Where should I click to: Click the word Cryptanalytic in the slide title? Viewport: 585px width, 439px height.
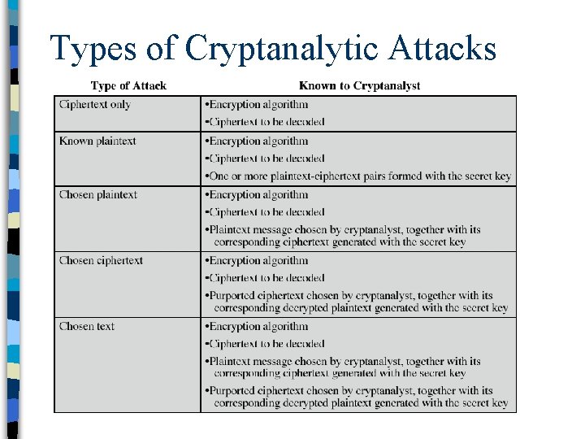280,49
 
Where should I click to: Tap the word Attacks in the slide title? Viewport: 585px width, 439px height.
442,49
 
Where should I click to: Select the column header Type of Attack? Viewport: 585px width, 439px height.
128,85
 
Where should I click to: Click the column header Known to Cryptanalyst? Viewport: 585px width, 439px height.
360,85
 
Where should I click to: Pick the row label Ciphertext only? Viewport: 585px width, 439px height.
95,105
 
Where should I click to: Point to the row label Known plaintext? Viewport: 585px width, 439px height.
97,141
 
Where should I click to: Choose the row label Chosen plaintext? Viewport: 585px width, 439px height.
98,195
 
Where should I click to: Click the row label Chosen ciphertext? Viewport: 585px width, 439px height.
101,261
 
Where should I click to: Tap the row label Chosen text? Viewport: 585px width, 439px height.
87,327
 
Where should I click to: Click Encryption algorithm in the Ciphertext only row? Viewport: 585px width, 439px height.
258,105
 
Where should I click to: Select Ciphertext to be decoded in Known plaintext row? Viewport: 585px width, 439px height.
266,159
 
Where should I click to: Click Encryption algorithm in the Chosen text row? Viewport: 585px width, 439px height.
258,327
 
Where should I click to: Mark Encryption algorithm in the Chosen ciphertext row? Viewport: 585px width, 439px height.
258,261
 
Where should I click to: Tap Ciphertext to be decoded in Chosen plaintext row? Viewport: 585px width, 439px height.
266,212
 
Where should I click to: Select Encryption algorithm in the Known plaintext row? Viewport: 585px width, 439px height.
258,141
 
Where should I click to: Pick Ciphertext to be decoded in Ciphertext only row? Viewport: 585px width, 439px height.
266,122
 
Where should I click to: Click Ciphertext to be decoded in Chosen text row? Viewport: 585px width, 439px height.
266,344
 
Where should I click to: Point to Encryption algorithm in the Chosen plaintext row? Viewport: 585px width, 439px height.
258,195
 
